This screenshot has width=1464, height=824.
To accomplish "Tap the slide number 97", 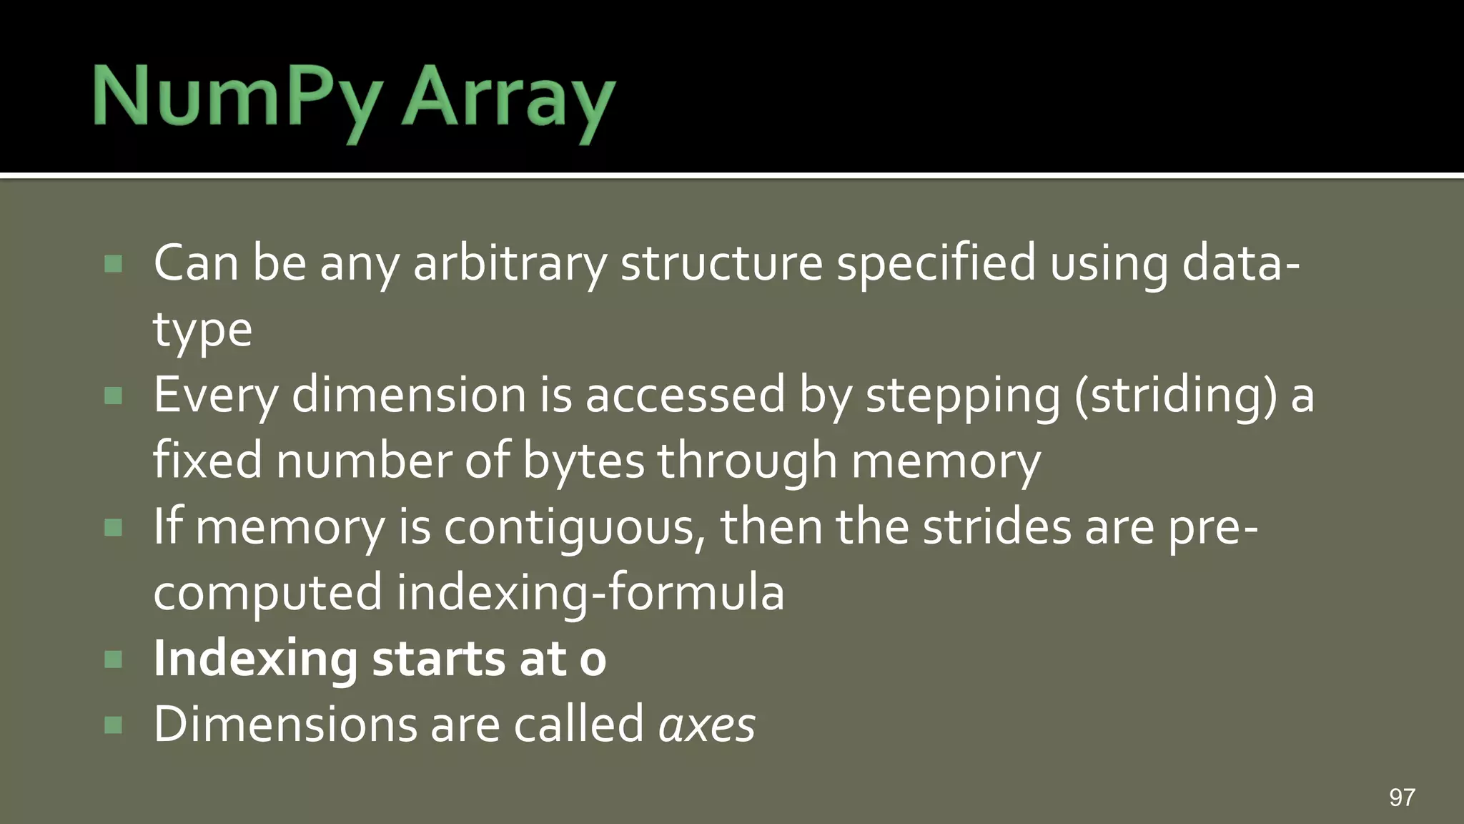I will [x=1402, y=797].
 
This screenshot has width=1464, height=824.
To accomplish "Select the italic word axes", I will [x=706, y=725].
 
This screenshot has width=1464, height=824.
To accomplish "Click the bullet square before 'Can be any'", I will [x=113, y=264].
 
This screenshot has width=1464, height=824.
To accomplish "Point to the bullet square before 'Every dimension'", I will [x=113, y=396].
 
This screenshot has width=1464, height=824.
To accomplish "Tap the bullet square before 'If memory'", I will [x=113, y=528].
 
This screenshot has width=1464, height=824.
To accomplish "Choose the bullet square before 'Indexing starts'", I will [x=113, y=659].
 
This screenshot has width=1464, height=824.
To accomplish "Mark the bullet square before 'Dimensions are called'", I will [x=113, y=725].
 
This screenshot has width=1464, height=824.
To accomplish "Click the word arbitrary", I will [x=510, y=264].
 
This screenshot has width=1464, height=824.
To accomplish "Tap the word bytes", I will [x=583, y=461].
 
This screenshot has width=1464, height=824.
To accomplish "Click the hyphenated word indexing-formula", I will [x=590, y=594].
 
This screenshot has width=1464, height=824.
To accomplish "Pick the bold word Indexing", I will [x=255, y=659].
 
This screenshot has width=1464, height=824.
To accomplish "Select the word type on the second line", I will [x=202, y=331].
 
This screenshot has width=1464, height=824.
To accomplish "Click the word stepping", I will [x=963, y=396].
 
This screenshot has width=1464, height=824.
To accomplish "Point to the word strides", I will [x=997, y=528].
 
